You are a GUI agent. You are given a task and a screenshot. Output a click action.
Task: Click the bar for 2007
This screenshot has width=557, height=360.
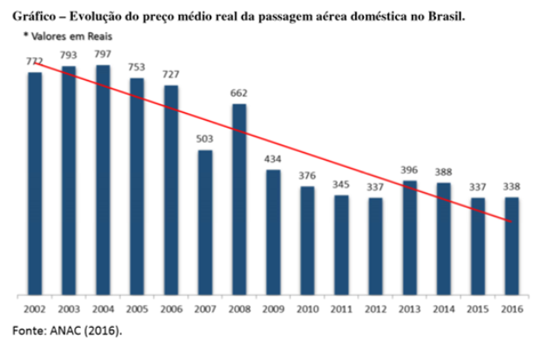pos(205,222)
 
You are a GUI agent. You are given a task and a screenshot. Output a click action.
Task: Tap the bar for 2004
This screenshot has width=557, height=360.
pos(104,178)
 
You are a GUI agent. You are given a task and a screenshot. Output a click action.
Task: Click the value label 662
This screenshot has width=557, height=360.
pos(239,93)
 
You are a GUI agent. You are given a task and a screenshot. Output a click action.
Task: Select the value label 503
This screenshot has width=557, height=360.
pos(205,139)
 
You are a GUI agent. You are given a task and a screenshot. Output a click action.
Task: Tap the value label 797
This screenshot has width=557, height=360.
pos(104,55)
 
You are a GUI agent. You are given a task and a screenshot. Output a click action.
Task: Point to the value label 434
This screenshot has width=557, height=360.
pos(273,159)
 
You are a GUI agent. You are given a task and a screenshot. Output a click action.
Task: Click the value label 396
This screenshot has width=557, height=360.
pos(410,170)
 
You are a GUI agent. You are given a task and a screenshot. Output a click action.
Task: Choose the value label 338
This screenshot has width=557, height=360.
pos(512,187)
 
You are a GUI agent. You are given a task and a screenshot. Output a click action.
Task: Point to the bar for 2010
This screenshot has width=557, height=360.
pos(308,239)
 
